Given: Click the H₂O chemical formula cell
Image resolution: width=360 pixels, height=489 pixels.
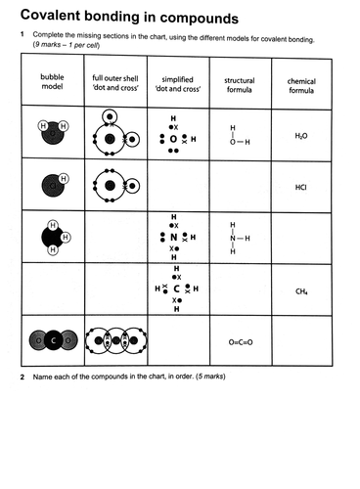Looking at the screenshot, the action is pyautogui.click(x=301, y=136).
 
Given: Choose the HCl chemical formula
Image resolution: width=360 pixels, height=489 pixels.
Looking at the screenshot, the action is pyautogui.click(x=301, y=186).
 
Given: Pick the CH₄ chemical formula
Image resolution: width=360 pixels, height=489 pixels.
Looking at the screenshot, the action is pyautogui.click(x=301, y=290).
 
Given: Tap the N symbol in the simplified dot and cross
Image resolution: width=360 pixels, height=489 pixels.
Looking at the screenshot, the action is pyautogui.click(x=174, y=237).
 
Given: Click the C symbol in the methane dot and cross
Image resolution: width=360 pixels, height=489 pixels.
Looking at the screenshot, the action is pyautogui.click(x=174, y=289).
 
